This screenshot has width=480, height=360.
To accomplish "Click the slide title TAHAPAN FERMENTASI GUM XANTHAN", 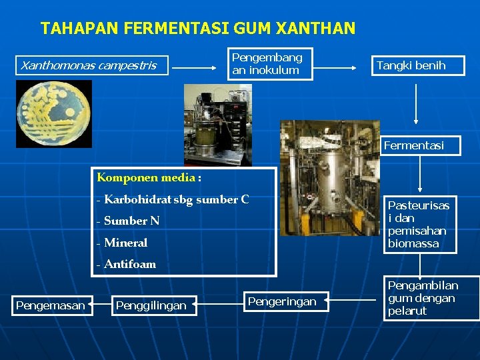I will (198, 29).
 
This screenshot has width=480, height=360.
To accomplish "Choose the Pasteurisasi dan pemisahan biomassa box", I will (420, 224).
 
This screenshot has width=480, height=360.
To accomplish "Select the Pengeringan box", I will (282, 302).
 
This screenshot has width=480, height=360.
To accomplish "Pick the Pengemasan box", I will (51, 305).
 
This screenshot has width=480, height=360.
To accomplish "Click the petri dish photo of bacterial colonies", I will (54, 114).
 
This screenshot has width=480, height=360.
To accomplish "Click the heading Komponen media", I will (149, 177).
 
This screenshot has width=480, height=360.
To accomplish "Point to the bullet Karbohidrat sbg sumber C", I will (173, 199).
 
